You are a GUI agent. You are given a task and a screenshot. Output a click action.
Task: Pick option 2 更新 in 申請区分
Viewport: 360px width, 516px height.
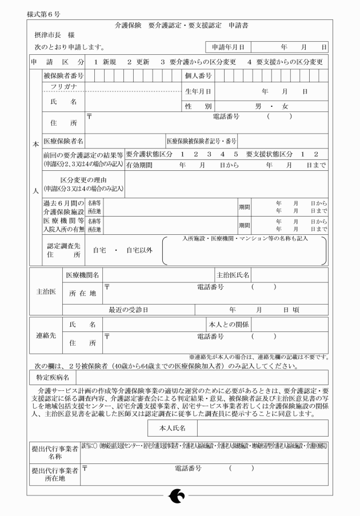tap(138, 61)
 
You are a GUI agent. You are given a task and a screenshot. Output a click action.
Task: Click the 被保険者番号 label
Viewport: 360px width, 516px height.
tap(63, 75)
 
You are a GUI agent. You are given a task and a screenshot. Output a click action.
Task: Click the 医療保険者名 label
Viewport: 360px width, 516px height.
tap(63, 141)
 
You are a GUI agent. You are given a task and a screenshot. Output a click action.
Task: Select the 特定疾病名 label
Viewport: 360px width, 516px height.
tap(51, 377)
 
